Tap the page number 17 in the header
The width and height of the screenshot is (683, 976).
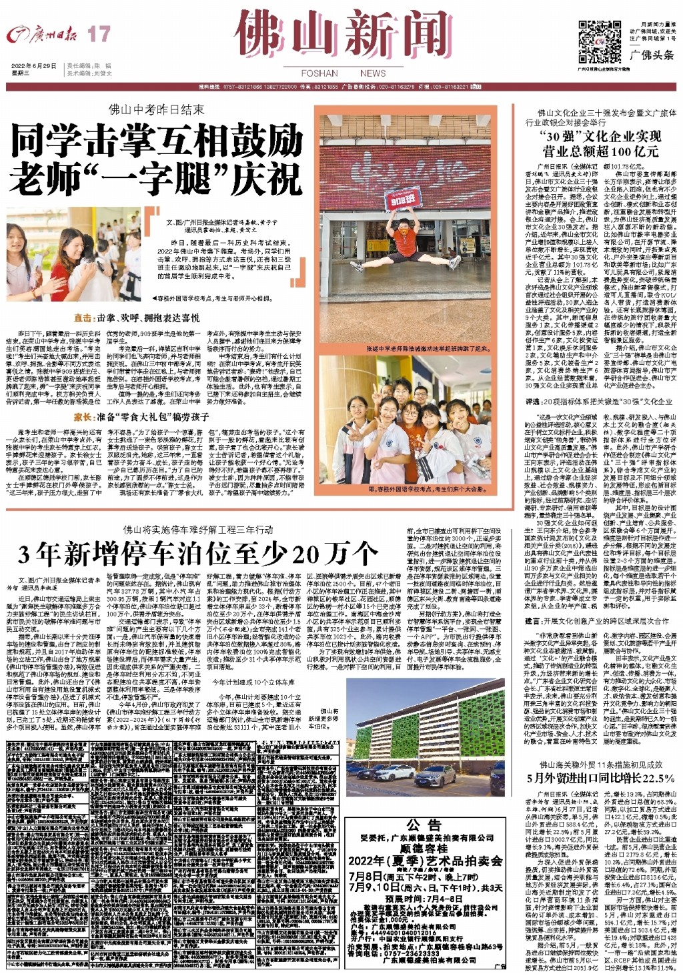coord(99,34)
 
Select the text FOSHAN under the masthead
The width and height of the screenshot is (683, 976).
coord(319,73)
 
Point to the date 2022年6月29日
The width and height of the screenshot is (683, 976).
coord(34,66)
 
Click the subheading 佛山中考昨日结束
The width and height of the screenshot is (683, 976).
coord(157,109)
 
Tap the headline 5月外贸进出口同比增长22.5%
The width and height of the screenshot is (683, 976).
coord(600,778)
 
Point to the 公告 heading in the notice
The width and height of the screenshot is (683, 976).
coord(424,825)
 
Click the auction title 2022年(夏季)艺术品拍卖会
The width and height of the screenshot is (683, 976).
coord(425,861)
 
